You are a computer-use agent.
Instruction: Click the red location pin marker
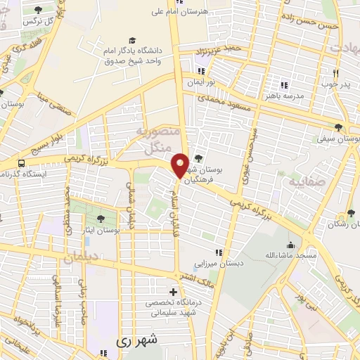coord(180,165)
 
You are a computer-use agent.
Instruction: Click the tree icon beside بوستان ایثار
coord(101,218)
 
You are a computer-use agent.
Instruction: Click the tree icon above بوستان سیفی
coord(339,128)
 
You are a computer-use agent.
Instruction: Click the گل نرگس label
coord(39,22)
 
